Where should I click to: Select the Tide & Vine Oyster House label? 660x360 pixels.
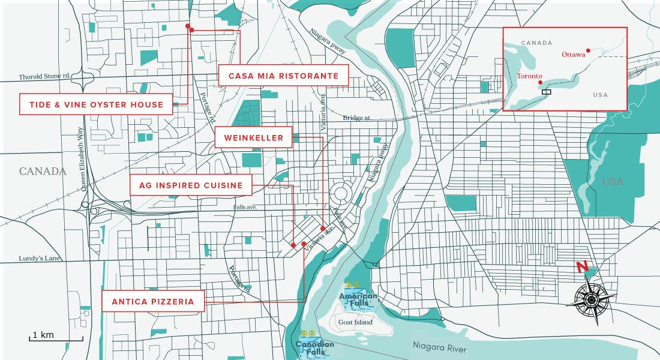[x=96, y=104]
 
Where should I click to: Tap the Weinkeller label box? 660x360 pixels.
[x=253, y=137]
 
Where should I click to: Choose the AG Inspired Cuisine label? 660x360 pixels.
[x=191, y=185]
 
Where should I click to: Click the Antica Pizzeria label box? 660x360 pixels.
[x=153, y=302]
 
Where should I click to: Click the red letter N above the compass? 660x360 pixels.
[x=581, y=267]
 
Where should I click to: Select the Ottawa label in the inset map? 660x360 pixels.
[x=573, y=55]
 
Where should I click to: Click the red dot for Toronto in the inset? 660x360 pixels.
[x=541, y=82]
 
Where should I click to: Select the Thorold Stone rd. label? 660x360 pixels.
[x=45, y=77]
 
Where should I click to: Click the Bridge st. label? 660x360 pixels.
[x=358, y=118]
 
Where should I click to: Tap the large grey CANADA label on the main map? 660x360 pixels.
[x=42, y=172]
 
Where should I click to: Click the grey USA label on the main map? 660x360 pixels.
[x=613, y=181]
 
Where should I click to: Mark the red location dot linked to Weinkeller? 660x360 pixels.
[x=323, y=229]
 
